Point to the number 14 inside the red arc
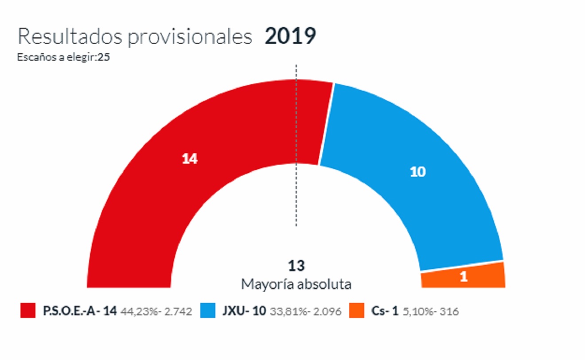coord(190,159)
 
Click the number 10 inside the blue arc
coord(417,172)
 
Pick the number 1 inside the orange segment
coord(464,277)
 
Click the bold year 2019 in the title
coord(290,36)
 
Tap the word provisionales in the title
coord(190,38)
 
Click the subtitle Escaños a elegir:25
coord(63,58)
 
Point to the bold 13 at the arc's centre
coord(296,266)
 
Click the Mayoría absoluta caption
coord(296,284)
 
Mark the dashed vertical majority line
coord(296,146)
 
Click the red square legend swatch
coord(28,311)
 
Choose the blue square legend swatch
coord(208,311)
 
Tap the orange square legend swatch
coord(357,311)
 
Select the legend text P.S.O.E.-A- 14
coord(80,311)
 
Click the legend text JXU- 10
coord(244,311)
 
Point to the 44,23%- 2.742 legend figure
coord(156,312)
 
